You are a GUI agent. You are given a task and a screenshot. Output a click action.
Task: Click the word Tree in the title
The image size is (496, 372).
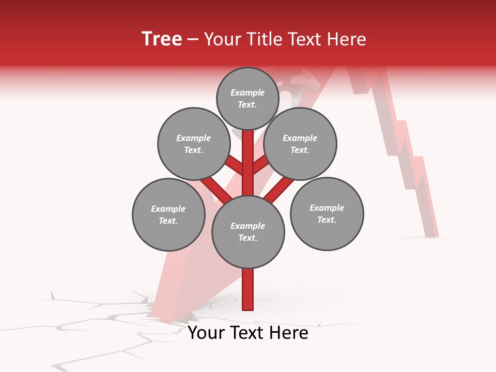(x=162, y=39)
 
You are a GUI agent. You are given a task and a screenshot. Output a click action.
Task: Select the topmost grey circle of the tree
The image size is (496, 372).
(x=247, y=98)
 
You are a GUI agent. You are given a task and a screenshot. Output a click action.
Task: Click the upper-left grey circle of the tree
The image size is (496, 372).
(x=193, y=144)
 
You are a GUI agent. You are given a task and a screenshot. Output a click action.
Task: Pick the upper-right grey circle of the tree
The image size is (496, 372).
(x=300, y=144)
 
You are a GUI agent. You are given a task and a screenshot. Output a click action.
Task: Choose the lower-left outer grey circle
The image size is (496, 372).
(x=168, y=214)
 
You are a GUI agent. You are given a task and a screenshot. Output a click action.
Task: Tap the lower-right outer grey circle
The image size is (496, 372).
(x=327, y=213)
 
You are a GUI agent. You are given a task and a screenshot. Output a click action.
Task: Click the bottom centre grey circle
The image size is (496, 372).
(x=247, y=231)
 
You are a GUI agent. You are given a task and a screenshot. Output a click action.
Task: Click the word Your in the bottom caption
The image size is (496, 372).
(x=206, y=333)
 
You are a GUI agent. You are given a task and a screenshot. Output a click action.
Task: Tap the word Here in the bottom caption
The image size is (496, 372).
(x=288, y=333)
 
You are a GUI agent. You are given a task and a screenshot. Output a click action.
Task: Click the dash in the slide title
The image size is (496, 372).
(x=193, y=39)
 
